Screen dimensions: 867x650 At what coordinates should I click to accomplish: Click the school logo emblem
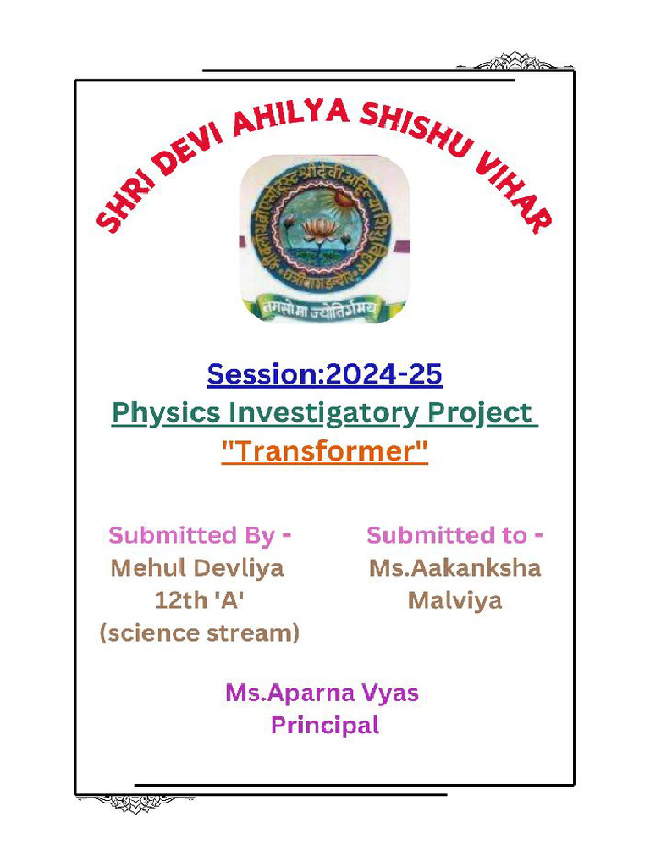click(x=324, y=239)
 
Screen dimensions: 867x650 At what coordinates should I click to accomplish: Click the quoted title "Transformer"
click(x=324, y=451)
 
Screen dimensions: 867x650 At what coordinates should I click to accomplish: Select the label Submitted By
click(x=200, y=535)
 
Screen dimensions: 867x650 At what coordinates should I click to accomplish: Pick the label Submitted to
click(x=454, y=535)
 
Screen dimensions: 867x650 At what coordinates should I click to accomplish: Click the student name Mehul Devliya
click(x=197, y=568)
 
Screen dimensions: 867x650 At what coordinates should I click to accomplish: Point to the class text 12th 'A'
click(x=200, y=601)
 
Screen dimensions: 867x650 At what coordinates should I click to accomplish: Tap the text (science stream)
click(x=200, y=633)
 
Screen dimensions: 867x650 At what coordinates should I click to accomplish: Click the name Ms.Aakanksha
click(x=454, y=568)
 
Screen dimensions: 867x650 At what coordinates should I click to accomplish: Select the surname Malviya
click(x=454, y=601)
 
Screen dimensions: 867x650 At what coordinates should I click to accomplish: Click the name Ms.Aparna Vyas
click(x=322, y=693)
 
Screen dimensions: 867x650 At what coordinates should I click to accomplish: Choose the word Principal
click(x=324, y=726)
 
